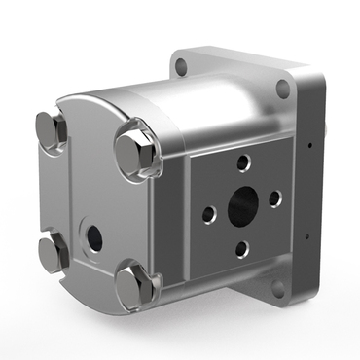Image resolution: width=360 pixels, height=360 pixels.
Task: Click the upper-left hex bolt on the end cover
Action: (x=51, y=130)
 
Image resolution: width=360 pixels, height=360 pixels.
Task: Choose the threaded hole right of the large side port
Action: (x=274, y=198)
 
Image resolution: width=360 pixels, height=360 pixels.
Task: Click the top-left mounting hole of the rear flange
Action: (x=177, y=67)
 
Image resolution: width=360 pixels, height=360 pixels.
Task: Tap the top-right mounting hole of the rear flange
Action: (x=282, y=90)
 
